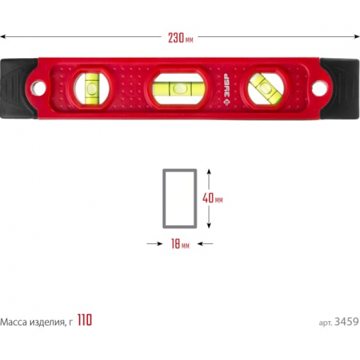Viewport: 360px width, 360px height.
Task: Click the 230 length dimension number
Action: point(176,38)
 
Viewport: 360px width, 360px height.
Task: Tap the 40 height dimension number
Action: point(208,198)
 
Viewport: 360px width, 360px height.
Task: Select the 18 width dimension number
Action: point(176,244)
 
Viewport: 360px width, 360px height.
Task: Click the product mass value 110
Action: point(85,320)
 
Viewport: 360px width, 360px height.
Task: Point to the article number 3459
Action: point(347,322)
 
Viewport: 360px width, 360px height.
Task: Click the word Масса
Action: point(13,322)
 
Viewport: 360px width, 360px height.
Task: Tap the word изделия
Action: point(47,323)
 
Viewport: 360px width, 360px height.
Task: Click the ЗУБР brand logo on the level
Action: point(227,90)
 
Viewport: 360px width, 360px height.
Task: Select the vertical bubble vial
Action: point(92,88)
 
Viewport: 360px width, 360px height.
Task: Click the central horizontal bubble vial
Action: point(179,89)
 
